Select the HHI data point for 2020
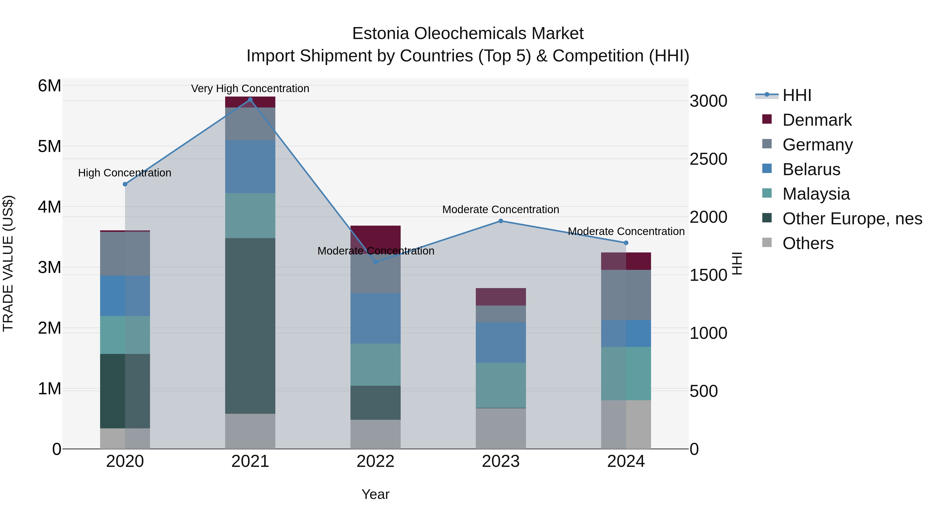click(x=125, y=185)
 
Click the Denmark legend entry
click(x=817, y=120)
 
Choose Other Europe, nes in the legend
click(x=852, y=219)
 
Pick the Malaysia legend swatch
click(x=767, y=193)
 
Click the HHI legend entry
click(x=796, y=95)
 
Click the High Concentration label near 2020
click(x=125, y=173)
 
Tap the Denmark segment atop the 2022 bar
click(x=375, y=239)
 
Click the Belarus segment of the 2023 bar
click(x=501, y=342)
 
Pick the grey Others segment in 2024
click(x=626, y=424)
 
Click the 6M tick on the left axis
click(x=49, y=86)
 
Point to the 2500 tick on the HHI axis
click(x=708, y=159)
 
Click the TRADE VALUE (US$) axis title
click(x=8, y=264)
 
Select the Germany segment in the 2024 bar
click(x=626, y=295)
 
